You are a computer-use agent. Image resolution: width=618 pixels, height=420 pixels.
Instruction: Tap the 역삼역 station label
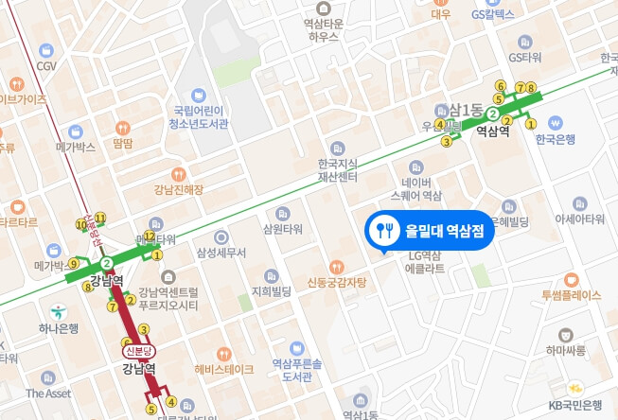click(492, 132)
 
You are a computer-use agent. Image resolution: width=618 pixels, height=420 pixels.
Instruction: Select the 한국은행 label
click(556, 139)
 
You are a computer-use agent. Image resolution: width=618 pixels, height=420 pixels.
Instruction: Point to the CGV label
click(47, 66)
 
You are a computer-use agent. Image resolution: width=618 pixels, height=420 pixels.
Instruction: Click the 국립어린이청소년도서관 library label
click(196, 116)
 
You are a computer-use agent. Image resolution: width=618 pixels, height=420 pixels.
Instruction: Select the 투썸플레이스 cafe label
click(571, 295)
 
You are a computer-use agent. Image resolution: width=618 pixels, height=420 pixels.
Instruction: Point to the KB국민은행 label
click(576, 405)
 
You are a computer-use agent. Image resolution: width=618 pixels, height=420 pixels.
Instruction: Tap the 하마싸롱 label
click(565, 350)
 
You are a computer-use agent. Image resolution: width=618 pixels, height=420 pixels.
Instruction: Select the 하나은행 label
click(59, 328)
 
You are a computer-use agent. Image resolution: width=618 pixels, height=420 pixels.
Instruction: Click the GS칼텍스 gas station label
click(492, 14)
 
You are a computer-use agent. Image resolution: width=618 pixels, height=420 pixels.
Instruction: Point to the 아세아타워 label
click(579, 219)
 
